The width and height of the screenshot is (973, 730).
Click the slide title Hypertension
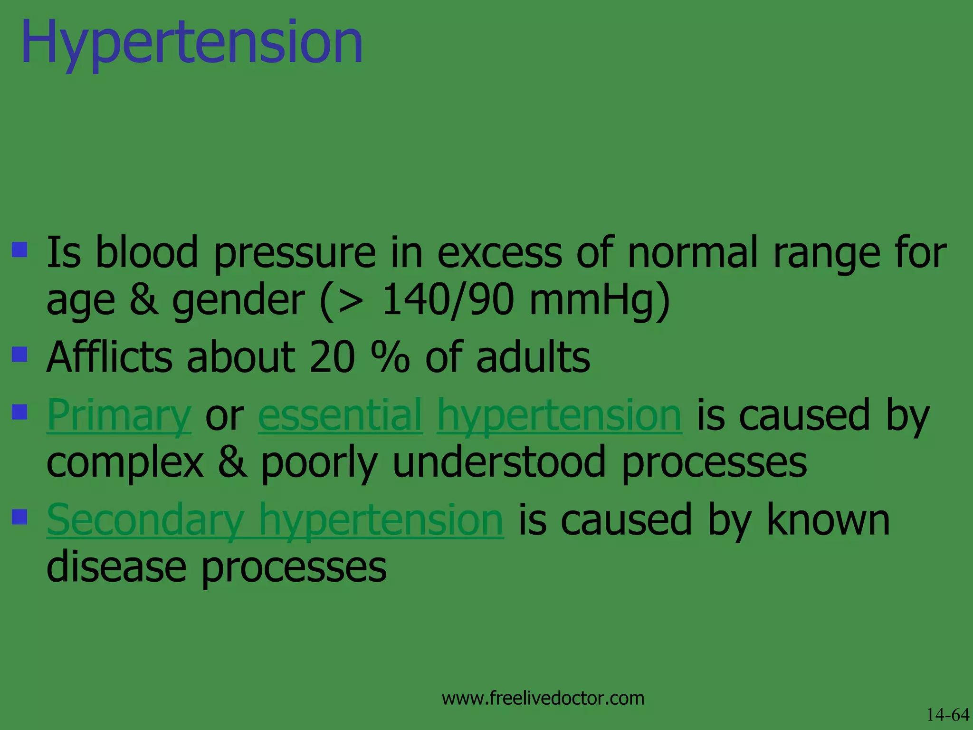192,43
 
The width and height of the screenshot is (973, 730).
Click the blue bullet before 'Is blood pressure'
19,250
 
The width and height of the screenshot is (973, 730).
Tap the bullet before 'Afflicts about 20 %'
19,354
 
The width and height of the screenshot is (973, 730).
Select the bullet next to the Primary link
19,412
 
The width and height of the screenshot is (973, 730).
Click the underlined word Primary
119,415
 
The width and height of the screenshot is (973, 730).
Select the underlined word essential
340,415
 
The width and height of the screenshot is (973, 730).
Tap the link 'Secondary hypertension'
275,520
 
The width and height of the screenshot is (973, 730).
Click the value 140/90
448,300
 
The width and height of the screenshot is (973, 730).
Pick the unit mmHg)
600,300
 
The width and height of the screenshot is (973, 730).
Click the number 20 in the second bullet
332,357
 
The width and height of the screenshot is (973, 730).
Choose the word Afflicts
109,357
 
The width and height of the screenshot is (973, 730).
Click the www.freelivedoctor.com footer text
543,698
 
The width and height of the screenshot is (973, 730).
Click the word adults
533,357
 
